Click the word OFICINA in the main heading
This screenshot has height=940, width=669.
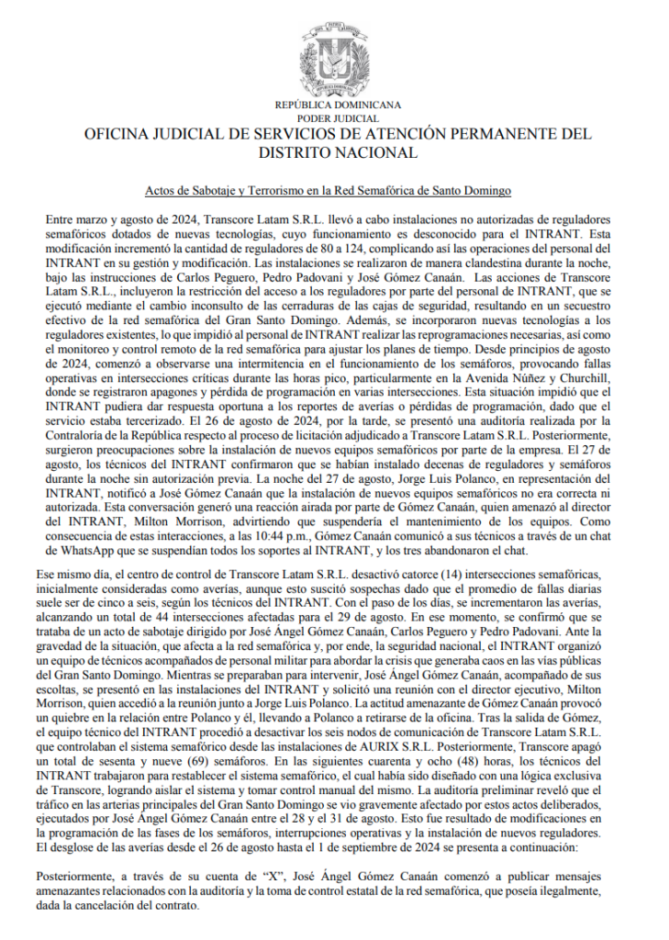coord(117,135)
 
